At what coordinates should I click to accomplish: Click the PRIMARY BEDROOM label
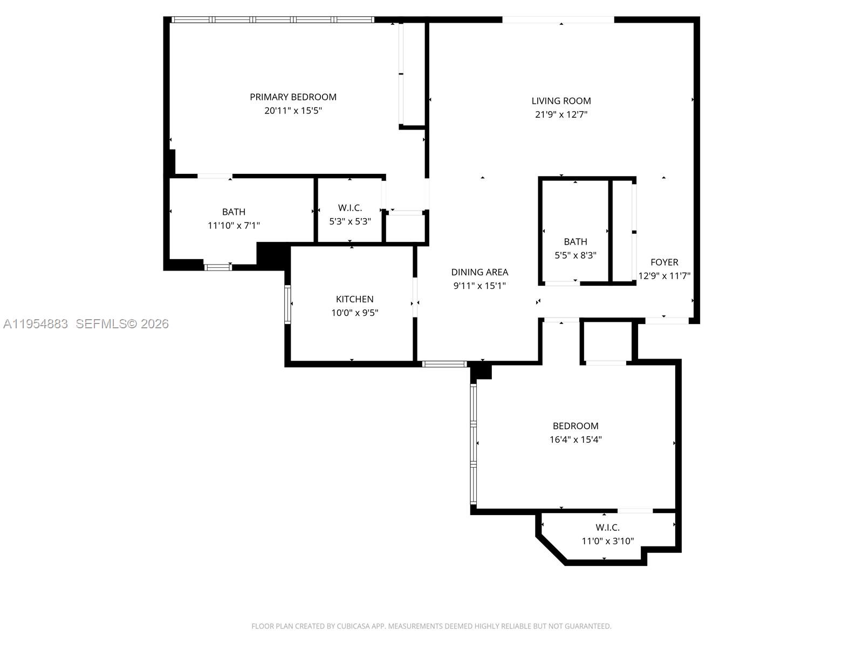click(293, 97)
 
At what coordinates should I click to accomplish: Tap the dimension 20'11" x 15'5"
click(293, 111)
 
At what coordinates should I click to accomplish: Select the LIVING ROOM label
click(561, 101)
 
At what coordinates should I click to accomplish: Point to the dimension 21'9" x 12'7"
click(561, 114)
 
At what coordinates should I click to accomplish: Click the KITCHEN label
click(354, 299)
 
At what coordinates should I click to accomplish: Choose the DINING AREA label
click(480, 272)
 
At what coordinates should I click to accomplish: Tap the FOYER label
click(664, 262)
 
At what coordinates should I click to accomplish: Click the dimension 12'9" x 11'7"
click(664, 276)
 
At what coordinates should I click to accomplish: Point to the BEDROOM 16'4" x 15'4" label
click(575, 426)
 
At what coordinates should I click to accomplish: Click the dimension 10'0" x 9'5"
click(354, 313)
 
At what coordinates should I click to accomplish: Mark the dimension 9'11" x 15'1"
click(480, 286)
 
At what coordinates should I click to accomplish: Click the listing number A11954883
click(36, 324)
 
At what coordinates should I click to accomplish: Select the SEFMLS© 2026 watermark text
click(122, 324)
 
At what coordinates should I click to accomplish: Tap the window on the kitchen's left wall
click(287, 304)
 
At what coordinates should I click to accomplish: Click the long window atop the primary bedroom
click(272, 19)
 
